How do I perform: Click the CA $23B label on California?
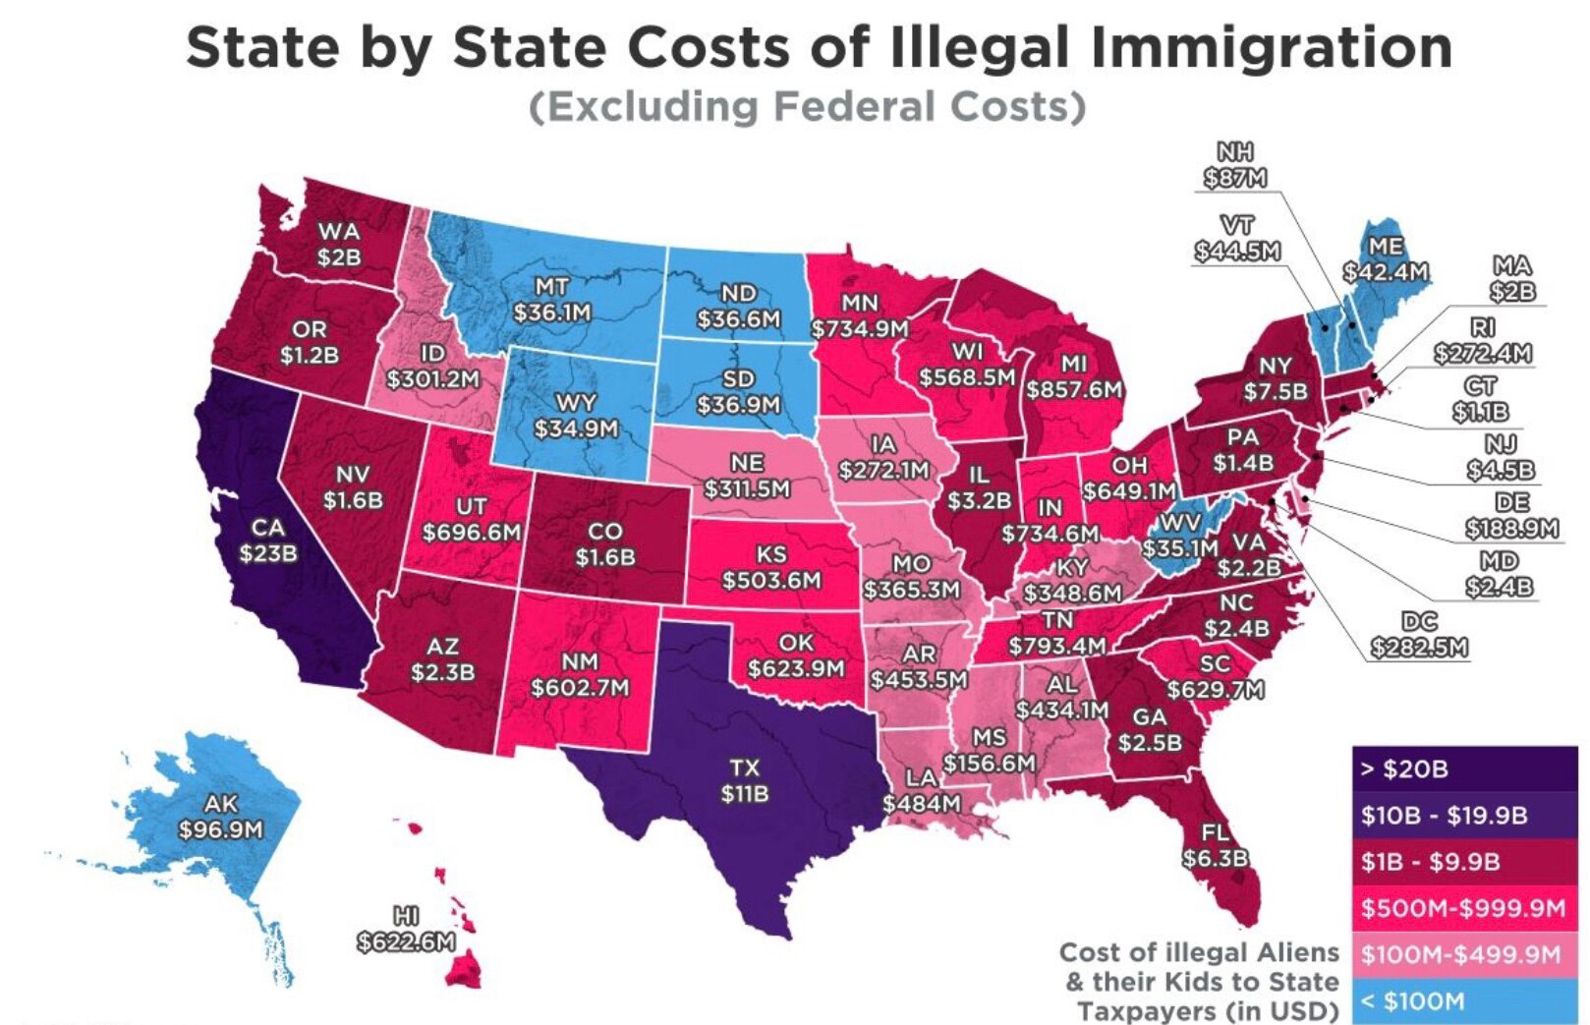[267, 541]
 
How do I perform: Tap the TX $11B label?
[744, 780]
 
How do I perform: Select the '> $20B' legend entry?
[1464, 769]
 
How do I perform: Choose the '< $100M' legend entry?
[1464, 1001]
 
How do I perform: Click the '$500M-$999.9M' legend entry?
[1464, 908]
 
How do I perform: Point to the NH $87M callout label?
[1235, 165]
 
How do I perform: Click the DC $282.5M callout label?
[1419, 634]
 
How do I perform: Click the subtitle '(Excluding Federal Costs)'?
[807, 106]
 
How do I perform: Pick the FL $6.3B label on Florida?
[1215, 846]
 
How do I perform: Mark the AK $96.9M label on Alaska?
[220, 818]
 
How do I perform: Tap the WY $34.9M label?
[576, 416]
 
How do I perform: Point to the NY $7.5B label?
[1276, 378]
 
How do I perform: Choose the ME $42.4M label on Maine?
[1386, 258]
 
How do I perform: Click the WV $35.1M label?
[1180, 535]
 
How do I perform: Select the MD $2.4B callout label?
[1499, 574]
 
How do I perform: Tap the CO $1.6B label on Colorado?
[604, 544]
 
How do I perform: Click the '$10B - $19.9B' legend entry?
[1464, 816]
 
